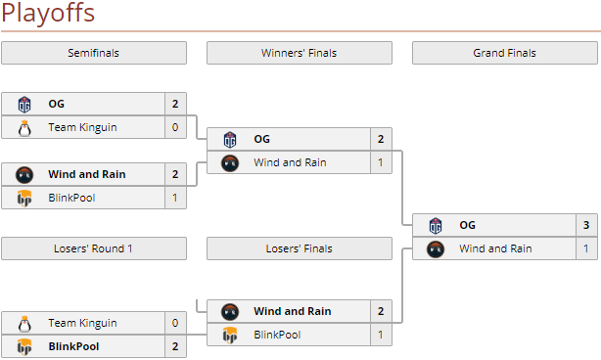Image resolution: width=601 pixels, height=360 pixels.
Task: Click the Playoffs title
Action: click(48, 14)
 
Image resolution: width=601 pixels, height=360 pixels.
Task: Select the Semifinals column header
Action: click(93, 53)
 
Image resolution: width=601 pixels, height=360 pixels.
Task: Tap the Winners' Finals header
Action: click(299, 53)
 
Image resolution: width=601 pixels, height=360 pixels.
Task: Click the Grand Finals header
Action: click(504, 53)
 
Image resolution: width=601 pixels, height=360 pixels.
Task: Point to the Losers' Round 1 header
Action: click(93, 248)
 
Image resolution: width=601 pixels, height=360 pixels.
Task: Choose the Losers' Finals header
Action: click(299, 248)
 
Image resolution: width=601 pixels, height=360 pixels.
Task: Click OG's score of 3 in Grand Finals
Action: click(586, 225)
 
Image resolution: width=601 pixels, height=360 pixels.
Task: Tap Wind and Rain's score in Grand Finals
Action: click(586, 248)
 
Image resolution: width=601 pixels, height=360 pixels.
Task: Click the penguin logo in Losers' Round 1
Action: click(25, 323)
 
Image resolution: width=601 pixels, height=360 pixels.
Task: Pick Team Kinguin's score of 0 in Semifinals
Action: click(175, 127)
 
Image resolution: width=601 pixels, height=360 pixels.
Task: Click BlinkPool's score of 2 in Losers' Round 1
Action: click(175, 346)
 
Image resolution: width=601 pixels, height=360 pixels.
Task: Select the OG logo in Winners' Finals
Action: click(231, 139)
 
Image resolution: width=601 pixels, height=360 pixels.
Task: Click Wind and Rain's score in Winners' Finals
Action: click(381, 162)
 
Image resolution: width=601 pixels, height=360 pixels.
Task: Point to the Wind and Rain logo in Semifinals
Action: click(25, 174)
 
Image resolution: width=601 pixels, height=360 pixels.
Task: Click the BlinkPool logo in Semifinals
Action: click(25, 198)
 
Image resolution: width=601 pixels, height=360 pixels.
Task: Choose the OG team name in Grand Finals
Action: click(467, 225)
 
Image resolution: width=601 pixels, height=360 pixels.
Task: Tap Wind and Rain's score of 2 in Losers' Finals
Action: click(381, 311)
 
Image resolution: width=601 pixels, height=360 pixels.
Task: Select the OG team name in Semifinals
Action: click(56, 104)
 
